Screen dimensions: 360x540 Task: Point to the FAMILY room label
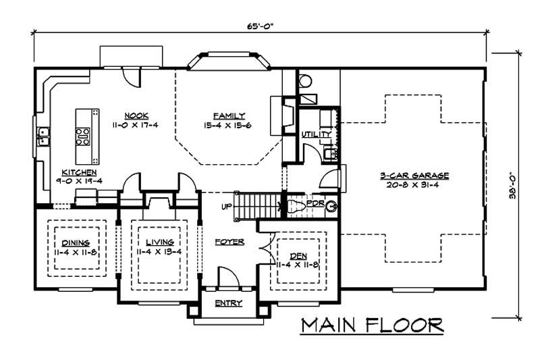229,115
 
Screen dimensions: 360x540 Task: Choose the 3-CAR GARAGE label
414,175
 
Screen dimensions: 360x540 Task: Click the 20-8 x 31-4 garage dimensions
414,184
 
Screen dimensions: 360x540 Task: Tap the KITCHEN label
78,172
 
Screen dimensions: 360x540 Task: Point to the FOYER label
230,241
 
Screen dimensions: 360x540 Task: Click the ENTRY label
228,303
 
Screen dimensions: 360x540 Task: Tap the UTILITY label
317,134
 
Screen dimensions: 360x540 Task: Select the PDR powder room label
315,203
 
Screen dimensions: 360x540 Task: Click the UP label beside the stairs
227,205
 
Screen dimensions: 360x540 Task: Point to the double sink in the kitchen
43,136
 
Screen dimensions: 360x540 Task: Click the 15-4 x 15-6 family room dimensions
229,126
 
